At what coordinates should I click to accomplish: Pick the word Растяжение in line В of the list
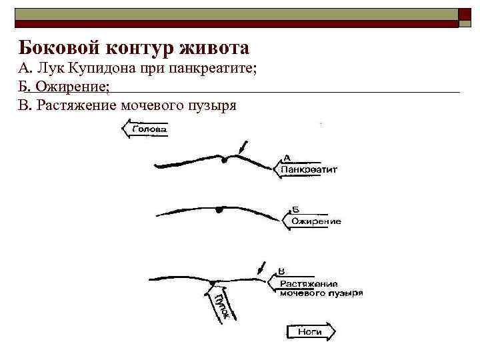coord(77,105)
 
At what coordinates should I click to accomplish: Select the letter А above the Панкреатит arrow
coord(287,158)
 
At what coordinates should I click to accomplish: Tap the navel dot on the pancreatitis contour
coord(226,159)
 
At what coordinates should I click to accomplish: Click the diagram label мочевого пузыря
coord(321,293)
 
